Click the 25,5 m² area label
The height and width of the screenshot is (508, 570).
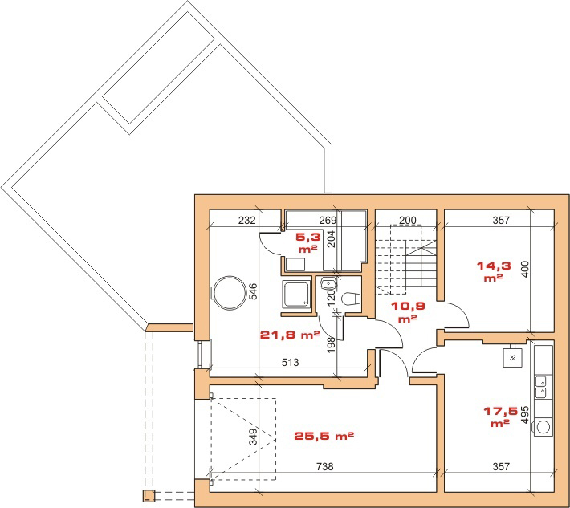(324, 436)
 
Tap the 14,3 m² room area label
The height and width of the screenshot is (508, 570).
(494, 271)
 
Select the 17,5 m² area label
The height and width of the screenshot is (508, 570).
(500, 417)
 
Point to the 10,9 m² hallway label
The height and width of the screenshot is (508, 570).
(408, 311)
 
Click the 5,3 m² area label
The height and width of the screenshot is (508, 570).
(308, 242)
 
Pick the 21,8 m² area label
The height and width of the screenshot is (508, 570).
(290, 335)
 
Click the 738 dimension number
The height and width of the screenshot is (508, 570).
(324, 466)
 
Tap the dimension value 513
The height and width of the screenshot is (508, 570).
(290, 362)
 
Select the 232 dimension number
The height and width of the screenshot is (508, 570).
(246, 220)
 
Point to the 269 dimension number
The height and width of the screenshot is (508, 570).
(328, 220)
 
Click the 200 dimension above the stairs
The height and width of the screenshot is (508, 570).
(408, 220)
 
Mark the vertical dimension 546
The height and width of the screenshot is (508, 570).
(253, 291)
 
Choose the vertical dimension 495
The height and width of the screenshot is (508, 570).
(524, 415)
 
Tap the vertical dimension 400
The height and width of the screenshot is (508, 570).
(524, 270)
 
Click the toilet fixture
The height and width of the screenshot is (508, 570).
(351, 299)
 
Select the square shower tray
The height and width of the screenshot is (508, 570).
(296, 295)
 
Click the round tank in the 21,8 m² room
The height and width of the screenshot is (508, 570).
(229, 293)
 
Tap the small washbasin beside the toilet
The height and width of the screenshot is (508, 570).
(328, 282)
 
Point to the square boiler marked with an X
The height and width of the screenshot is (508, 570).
(512, 358)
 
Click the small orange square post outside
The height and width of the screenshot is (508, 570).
(149, 496)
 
